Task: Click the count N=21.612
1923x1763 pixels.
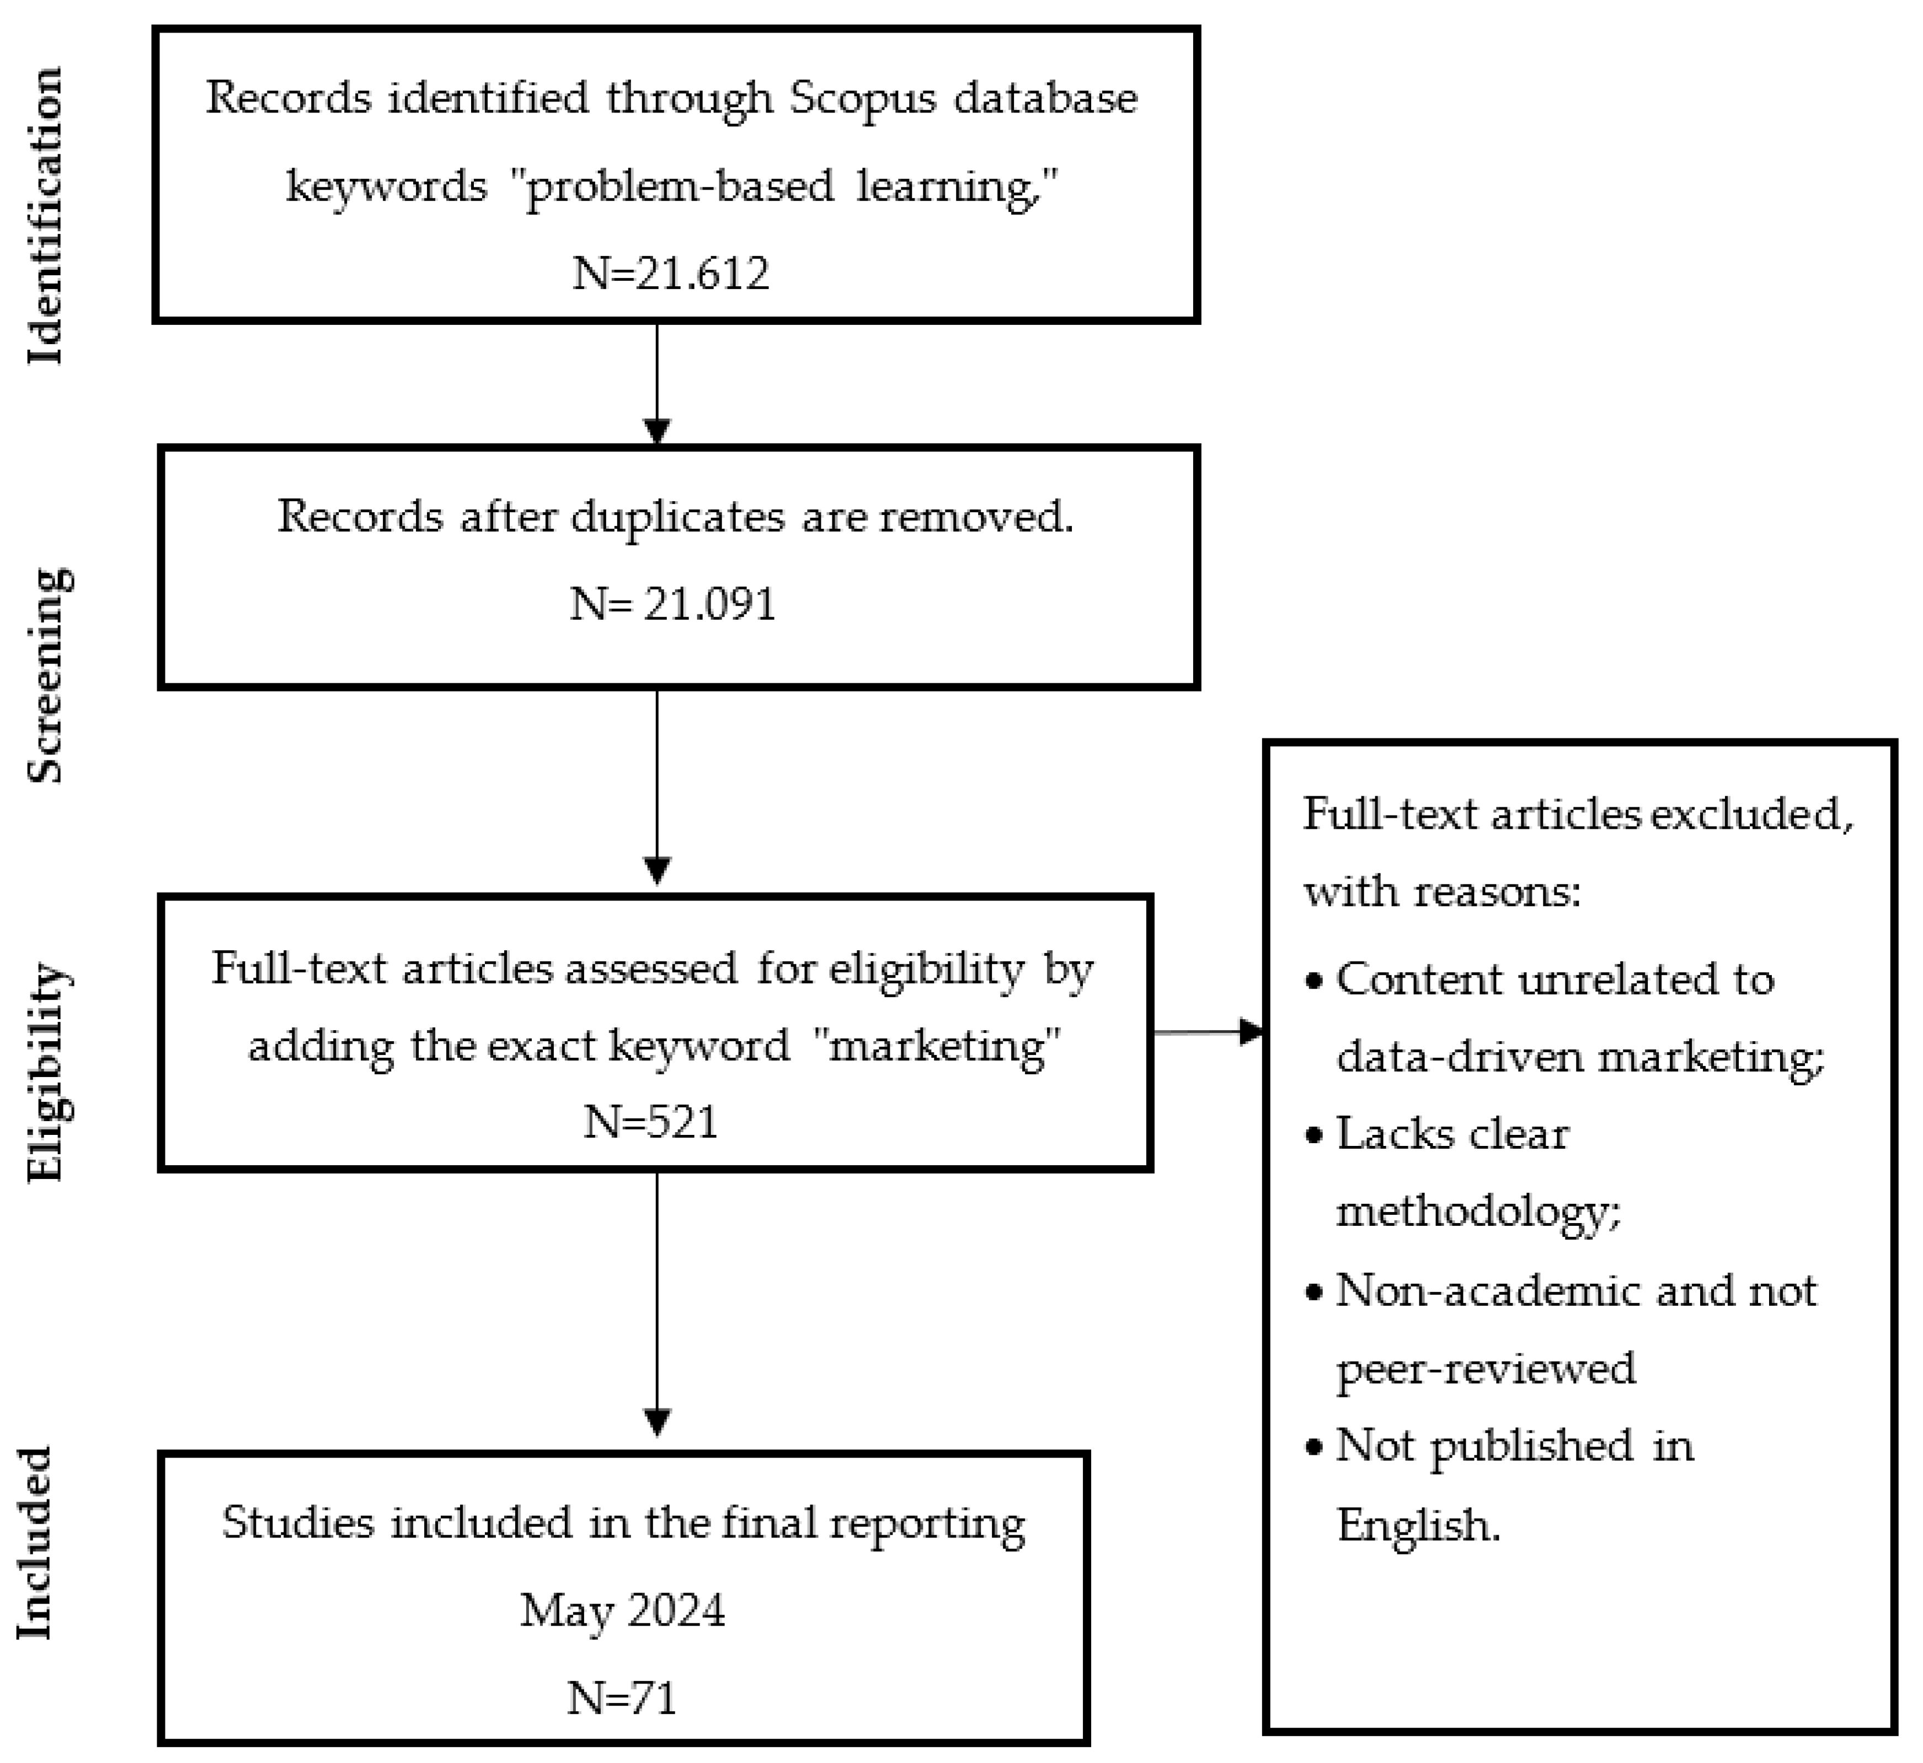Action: coord(671,274)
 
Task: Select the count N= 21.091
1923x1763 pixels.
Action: coord(673,604)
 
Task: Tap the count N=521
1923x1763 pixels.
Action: coord(651,1121)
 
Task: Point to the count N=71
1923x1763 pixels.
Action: coord(622,1698)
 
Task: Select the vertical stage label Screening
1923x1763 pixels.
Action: coord(48,676)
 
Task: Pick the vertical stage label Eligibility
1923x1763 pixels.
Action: coord(48,1073)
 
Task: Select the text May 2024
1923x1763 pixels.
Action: coord(622,1610)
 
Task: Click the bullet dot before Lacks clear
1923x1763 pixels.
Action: coord(1315,1136)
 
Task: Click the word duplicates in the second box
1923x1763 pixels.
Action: coord(677,517)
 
